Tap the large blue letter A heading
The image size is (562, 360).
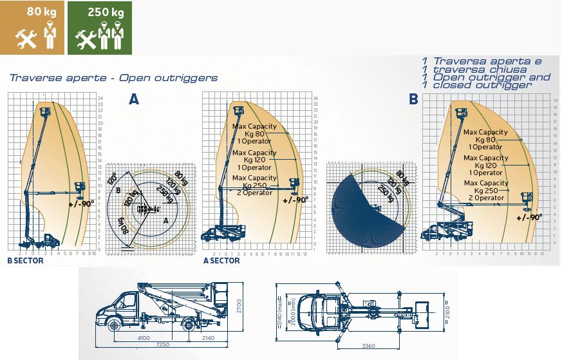tap(133, 99)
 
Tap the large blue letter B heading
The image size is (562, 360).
tap(413, 99)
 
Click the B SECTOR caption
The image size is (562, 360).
tap(25, 261)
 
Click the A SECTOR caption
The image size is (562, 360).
tap(221, 261)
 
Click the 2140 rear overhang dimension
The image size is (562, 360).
tap(209, 337)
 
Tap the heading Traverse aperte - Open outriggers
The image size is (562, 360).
tap(113, 78)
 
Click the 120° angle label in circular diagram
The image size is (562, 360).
tap(113, 177)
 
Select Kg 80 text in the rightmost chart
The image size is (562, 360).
tap(486, 140)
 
